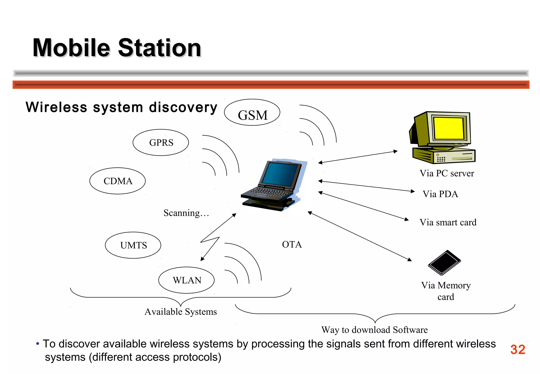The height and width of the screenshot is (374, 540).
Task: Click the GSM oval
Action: point(252,113)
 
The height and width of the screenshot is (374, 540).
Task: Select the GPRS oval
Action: point(161,143)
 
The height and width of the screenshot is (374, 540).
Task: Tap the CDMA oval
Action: point(118,181)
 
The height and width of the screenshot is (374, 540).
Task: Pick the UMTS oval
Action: point(133,245)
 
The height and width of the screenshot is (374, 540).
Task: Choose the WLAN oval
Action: point(186,280)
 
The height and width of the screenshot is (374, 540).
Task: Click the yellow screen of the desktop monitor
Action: point(448,128)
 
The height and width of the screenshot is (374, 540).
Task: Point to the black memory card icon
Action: point(445,263)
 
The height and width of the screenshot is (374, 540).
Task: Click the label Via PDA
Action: point(440,194)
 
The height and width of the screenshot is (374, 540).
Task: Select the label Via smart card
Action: point(448,222)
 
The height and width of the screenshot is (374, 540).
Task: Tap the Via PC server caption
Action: point(447,173)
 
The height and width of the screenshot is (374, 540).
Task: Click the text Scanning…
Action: point(186,213)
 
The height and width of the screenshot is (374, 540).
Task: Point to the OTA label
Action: point(292,244)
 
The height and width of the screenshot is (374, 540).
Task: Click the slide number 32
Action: point(518,349)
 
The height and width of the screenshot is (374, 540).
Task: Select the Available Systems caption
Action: point(181,312)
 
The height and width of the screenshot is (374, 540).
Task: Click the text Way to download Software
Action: point(374,330)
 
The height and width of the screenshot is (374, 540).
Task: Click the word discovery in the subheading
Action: point(183,107)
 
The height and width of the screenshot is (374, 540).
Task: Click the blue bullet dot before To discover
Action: point(38,344)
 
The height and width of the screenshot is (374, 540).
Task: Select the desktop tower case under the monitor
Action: point(444,156)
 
